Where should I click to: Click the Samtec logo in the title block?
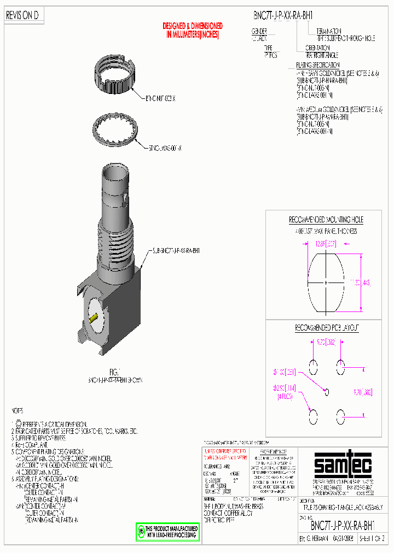point(343,466)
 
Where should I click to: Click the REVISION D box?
point(22,16)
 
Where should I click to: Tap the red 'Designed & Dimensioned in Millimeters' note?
point(193,30)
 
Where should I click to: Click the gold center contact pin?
point(94,317)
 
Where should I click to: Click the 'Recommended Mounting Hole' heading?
point(326,220)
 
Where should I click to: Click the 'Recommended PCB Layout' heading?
point(327,328)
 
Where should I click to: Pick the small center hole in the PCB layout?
point(327,391)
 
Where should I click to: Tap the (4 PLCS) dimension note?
point(285,397)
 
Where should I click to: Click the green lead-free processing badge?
point(168,533)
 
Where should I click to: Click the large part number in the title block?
point(343,526)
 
